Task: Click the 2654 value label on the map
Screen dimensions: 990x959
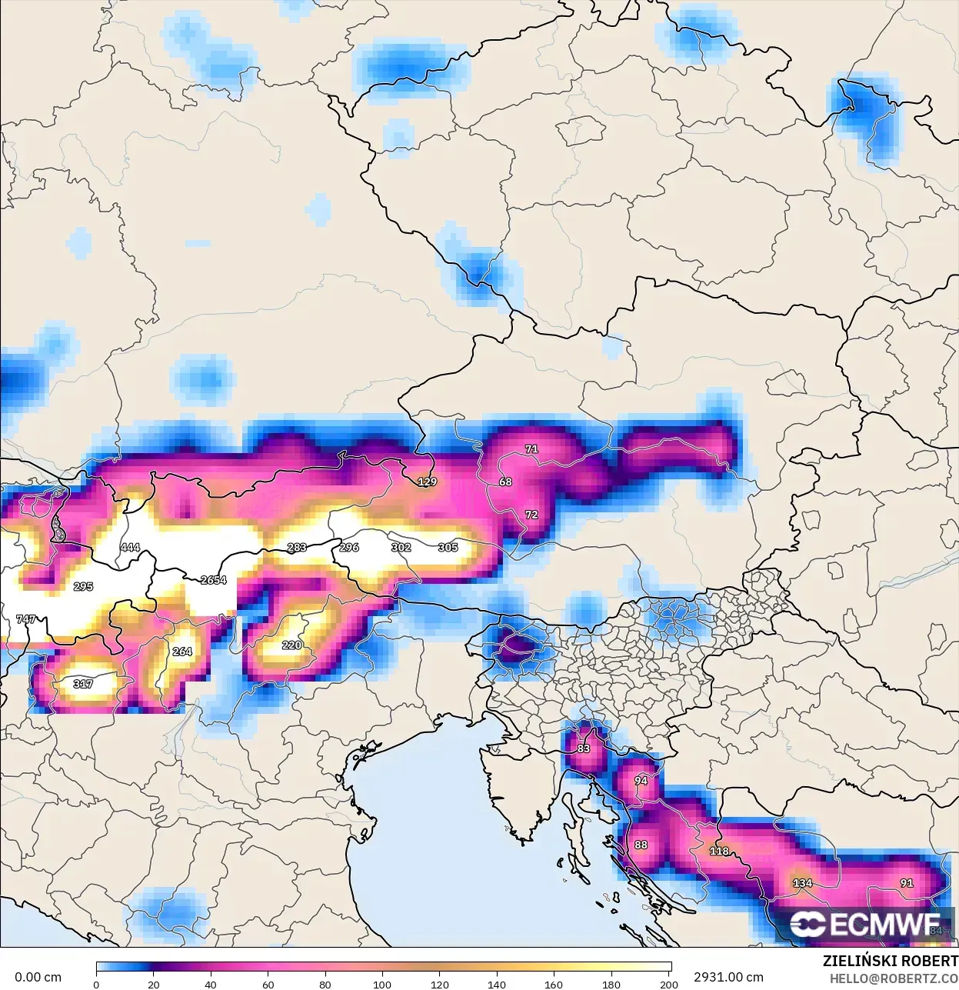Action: tap(213, 579)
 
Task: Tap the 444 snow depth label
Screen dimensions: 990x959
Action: tap(130, 547)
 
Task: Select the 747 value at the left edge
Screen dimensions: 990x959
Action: tap(26, 618)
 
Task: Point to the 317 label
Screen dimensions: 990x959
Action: tap(83, 684)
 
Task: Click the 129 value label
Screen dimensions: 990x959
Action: tap(427, 482)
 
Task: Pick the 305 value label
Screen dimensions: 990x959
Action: tap(448, 547)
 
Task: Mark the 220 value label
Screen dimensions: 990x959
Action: tap(291, 645)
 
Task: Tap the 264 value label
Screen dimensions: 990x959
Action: tap(182, 652)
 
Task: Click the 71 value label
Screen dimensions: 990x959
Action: tap(531, 448)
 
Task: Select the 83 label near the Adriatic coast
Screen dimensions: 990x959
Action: tap(584, 748)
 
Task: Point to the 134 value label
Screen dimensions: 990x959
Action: tap(802, 882)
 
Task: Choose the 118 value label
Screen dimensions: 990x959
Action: tap(719, 851)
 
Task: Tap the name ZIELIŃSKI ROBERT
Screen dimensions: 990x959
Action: tap(890, 961)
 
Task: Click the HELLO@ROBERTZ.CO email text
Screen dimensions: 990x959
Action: tap(894, 978)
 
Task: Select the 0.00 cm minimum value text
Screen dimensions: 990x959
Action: tap(38, 977)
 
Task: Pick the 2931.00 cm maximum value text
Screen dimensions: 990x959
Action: tap(728, 977)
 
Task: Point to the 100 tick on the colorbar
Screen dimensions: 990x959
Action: tap(382, 984)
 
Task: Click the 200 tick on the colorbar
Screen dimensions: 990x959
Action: tap(668, 984)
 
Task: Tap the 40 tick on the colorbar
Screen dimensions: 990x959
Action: tap(211, 984)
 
